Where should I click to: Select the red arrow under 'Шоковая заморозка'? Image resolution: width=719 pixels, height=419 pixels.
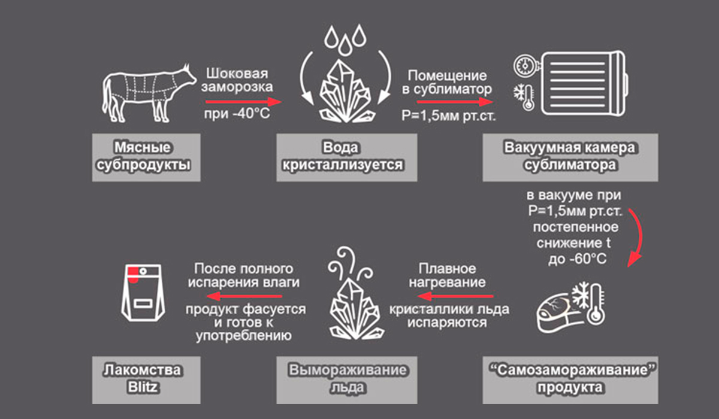coord(239,101)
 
